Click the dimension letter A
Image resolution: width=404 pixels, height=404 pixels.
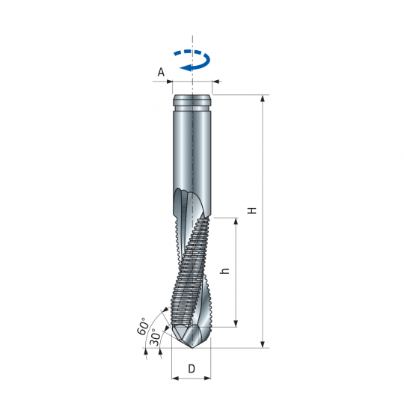pyautogui.click(x=161, y=72)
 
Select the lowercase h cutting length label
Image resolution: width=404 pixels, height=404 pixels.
pyautogui.click(x=225, y=272)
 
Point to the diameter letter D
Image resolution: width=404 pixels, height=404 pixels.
pyautogui.click(x=192, y=368)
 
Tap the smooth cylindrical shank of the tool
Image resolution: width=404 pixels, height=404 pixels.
pyautogui.click(x=192, y=150)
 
